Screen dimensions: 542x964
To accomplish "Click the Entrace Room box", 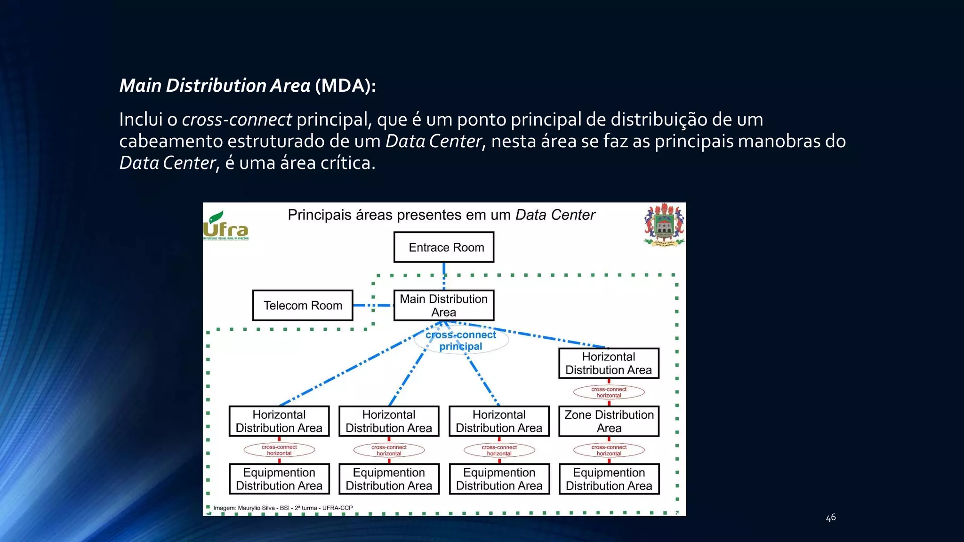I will coord(444,247).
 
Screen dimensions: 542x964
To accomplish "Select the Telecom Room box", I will coord(303,305).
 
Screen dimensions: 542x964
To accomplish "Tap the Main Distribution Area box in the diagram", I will coord(444,305).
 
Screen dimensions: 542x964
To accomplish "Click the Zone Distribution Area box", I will coord(609,421).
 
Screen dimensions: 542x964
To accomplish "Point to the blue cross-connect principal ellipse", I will coord(461,341).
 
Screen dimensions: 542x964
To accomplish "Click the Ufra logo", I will coord(225,226).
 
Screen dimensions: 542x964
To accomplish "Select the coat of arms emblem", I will coord(664,225).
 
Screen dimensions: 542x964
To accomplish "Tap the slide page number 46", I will coord(831,518).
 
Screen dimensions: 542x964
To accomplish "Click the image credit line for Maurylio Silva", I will coord(282,508).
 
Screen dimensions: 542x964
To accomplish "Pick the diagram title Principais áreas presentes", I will coord(441,215).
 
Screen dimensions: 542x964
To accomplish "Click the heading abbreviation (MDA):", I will coord(345,86).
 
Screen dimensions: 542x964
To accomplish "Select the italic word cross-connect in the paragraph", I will coord(237,120).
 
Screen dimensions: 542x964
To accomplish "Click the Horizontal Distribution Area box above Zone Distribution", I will coord(609,363).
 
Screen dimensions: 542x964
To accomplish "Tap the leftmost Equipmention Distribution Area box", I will coord(279,479).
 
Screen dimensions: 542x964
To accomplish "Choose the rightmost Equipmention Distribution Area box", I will coord(609,479).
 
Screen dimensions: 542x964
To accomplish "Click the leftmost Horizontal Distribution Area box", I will coord(279,421).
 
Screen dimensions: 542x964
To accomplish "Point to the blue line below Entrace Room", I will coord(444,275).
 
